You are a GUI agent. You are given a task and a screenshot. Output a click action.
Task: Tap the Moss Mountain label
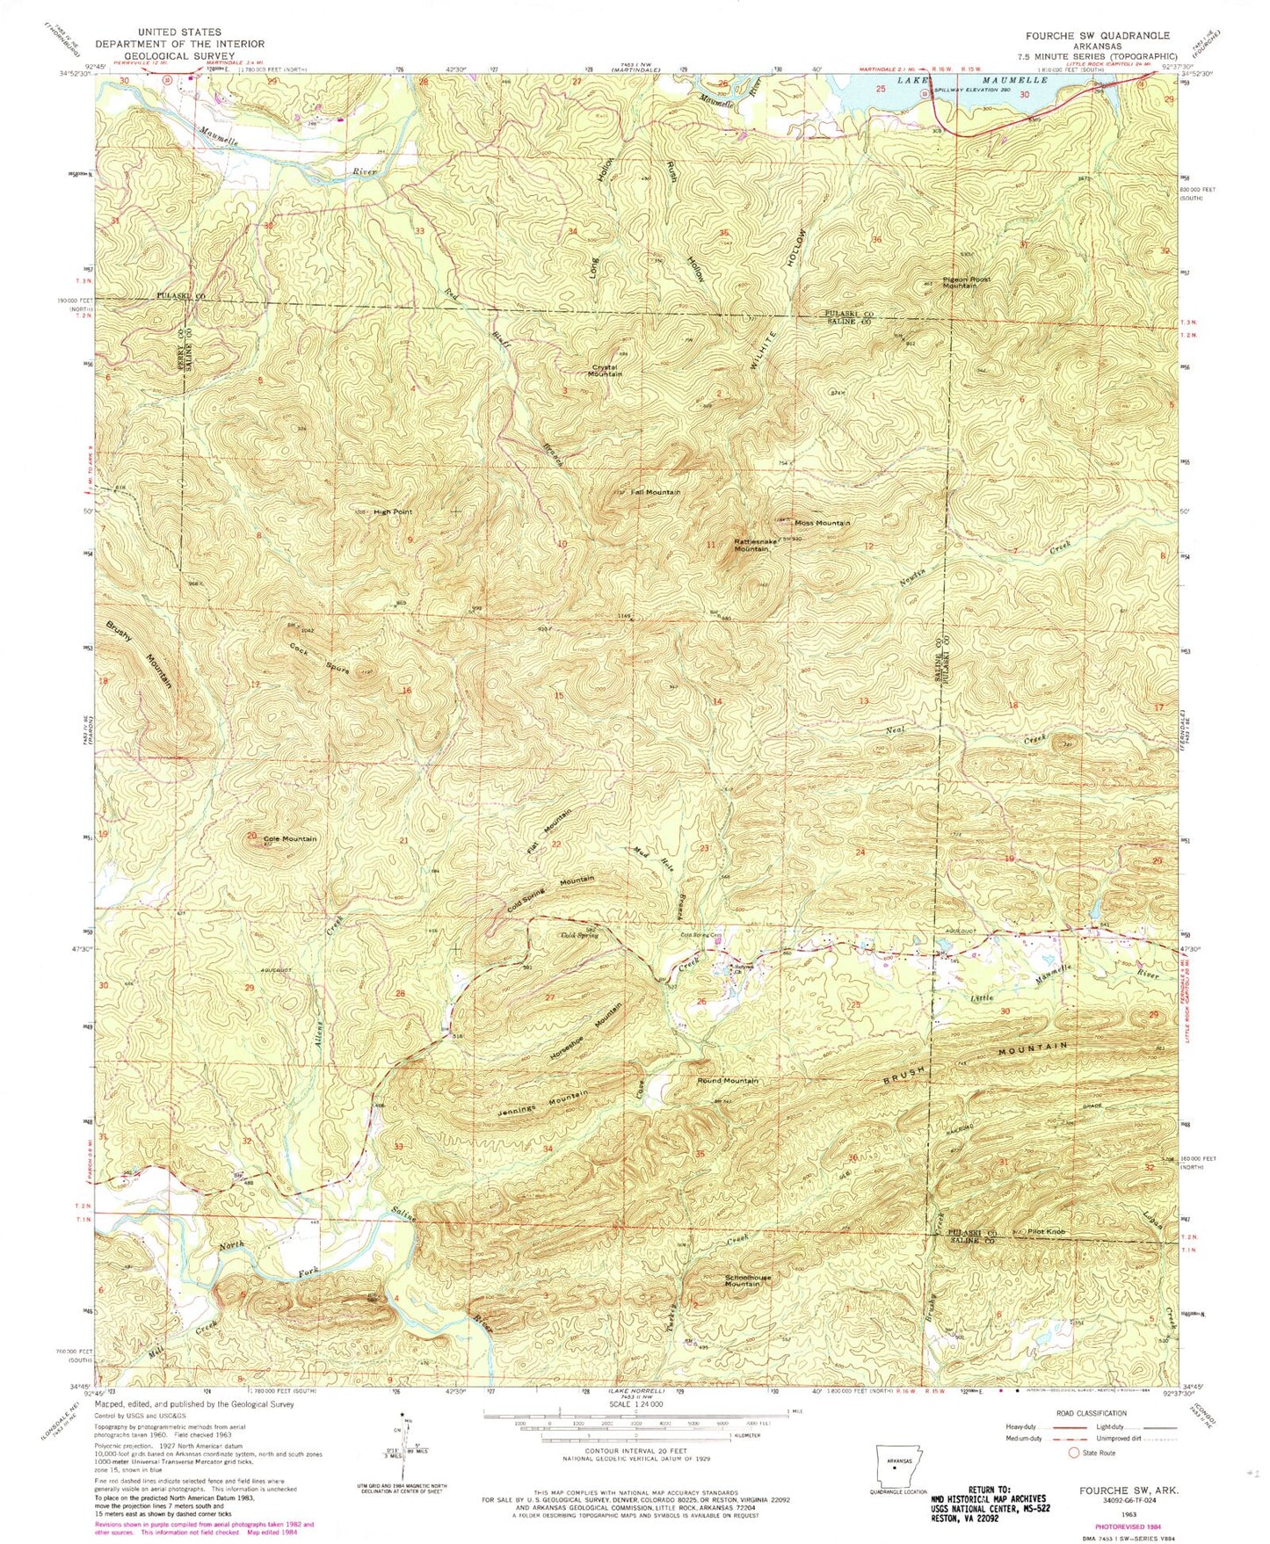(823, 523)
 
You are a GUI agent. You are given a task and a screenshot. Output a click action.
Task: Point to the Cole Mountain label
(290, 838)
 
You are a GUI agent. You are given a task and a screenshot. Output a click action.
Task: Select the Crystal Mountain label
(605, 370)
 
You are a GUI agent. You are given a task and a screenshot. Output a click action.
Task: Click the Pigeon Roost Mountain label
(966, 282)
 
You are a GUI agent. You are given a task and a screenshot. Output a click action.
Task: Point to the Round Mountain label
(728, 1080)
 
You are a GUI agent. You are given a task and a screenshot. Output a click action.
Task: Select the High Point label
(393, 511)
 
